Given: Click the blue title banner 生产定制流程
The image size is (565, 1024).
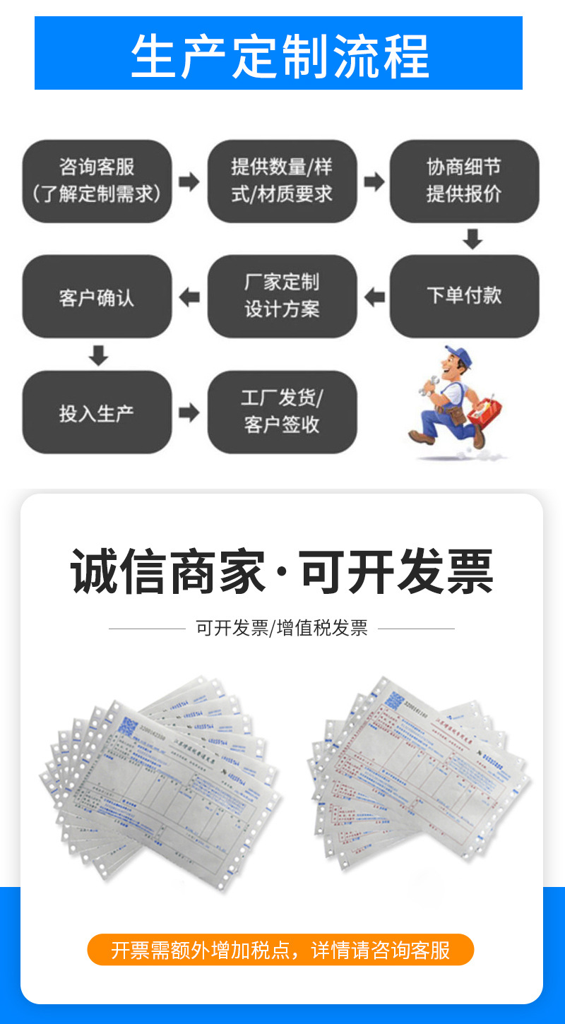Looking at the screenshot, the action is (x=278, y=54).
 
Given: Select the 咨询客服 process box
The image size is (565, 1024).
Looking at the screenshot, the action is (x=97, y=181).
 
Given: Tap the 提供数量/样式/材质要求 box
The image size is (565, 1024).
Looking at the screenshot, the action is (x=282, y=181).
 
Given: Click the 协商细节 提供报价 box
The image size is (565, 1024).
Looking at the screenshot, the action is (x=464, y=181).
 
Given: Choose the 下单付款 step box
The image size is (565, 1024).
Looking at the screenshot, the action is (x=464, y=296).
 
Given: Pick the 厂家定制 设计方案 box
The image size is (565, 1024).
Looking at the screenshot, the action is (x=282, y=296).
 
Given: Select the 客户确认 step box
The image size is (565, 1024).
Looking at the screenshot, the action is (x=97, y=296).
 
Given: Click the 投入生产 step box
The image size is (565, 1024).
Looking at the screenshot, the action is (x=97, y=412).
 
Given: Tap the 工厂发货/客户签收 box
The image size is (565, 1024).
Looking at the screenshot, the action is (x=282, y=412).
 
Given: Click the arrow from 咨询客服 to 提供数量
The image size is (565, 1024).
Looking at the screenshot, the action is (x=189, y=181).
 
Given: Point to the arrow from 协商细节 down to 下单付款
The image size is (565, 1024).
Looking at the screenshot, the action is (x=472, y=239).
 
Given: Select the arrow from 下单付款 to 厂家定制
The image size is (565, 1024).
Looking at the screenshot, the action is (x=374, y=297).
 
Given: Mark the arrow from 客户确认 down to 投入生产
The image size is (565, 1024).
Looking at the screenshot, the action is (x=99, y=355).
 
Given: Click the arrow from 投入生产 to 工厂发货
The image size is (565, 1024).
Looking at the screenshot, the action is (x=189, y=412).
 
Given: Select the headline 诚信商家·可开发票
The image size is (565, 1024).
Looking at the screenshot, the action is (x=282, y=572).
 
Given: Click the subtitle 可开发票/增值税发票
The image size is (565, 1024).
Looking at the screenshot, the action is (x=282, y=628).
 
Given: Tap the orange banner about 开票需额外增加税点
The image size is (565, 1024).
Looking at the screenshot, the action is (x=280, y=950).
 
